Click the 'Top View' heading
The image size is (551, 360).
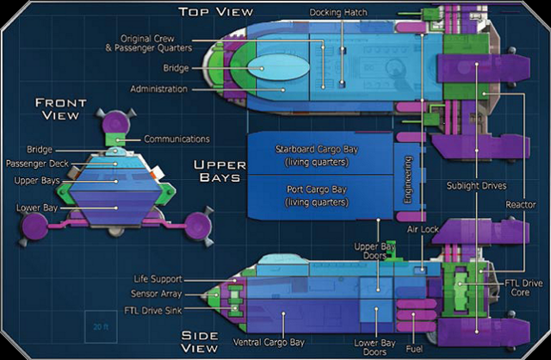pyautogui.click(x=215, y=11)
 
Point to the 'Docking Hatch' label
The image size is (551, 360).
pyautogui.click(x=342, y=11)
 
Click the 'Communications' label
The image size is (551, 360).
pyautogui.click(x=177, y=139)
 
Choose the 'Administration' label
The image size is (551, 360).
pyautogui.click(x=158, y=90)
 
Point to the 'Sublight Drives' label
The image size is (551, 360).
pyautogui.click(x=476, y=185)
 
